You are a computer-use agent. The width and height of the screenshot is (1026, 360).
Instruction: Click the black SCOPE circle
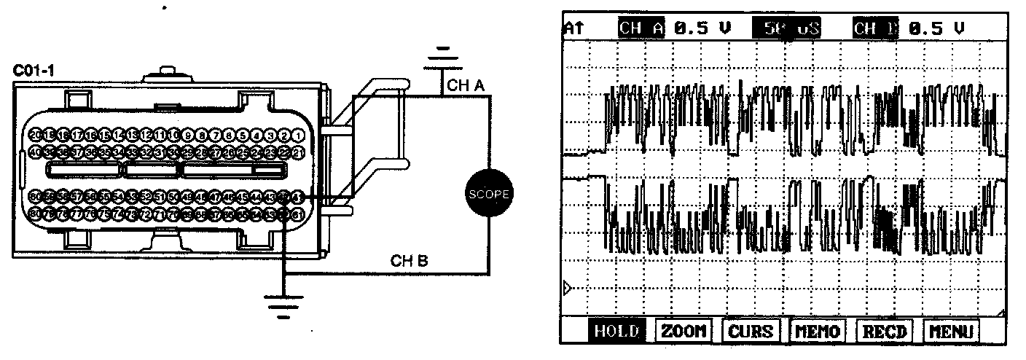click(487, 193)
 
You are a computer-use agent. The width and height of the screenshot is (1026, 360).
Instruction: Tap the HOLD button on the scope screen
click(616, 332)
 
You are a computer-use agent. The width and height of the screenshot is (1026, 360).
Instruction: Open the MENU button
click(950, 332)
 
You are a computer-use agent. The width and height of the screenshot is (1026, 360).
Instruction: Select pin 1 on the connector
click(297, 136)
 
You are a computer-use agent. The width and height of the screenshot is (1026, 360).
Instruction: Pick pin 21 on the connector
click(297, 152)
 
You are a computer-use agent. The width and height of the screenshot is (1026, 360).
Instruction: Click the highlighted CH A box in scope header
click(641, 28)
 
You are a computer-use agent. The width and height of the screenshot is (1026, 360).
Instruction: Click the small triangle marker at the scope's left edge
click(568, 289)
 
